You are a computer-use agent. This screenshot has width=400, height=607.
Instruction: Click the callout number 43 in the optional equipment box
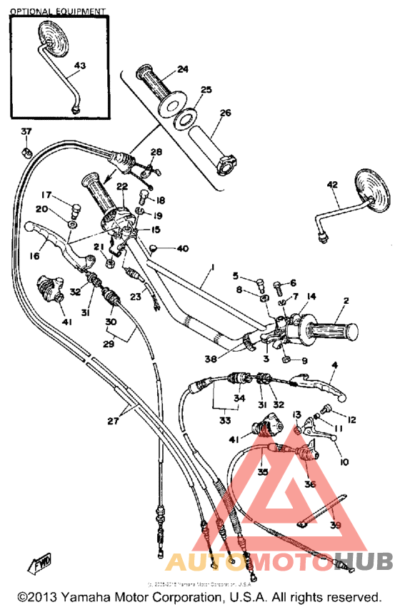[79, 66]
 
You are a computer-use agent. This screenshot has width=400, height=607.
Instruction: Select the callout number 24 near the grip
[183, 69]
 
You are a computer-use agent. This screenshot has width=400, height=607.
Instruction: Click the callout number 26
[225, 113]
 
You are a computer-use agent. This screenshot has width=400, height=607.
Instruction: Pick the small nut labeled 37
[25, 152]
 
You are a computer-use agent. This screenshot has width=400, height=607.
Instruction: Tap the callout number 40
[183, 248]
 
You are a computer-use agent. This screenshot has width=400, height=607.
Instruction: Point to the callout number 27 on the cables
[114, 421]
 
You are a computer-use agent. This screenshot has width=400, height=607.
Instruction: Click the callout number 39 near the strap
[335, 524]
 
